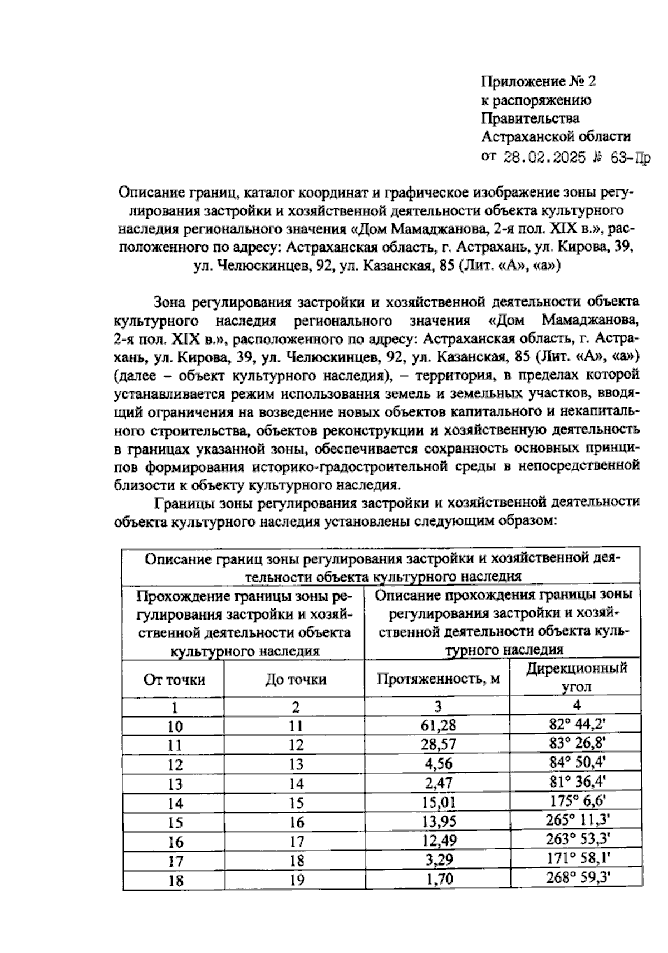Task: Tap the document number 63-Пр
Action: [x=630, y=158]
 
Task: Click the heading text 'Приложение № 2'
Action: [x=538, y=82]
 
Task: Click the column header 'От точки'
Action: [x=174, y=679]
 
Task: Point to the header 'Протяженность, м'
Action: [x=438, y=679]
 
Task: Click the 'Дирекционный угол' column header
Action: [x=577, y=677]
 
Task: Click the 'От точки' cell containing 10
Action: [x=175, y=726]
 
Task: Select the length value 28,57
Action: [x=438, y=744]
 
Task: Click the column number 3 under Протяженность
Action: [x=438, y=706]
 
